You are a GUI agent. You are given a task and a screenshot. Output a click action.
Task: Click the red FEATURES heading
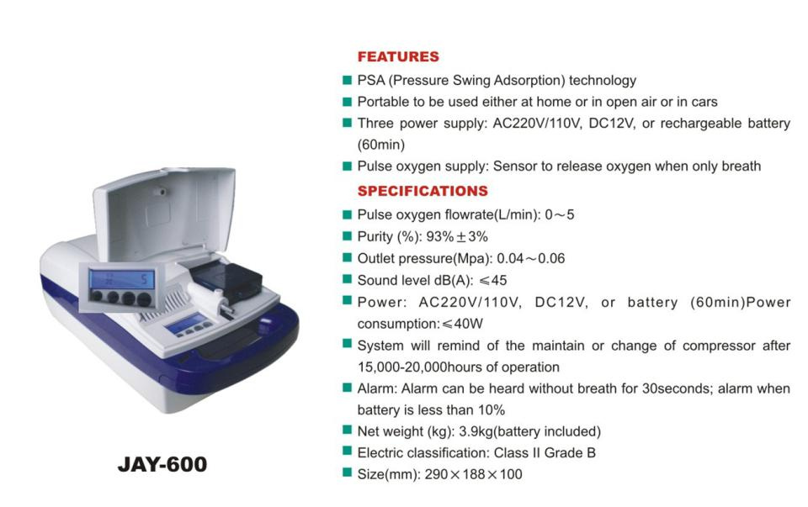coord(398,56)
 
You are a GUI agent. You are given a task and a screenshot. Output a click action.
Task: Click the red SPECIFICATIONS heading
coord(423,191)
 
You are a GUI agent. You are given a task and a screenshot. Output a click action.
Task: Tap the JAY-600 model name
coord(162,464)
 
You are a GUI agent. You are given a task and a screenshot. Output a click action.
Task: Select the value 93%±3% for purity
coord(457,237)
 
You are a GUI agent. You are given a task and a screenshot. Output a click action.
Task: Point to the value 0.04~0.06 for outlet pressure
coord(531,258)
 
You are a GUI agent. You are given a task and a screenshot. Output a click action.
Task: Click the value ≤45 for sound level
coord(492,281)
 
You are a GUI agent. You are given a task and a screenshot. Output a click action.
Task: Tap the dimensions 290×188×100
coord(473,474)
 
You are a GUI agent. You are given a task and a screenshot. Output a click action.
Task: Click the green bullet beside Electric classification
coord(348,452)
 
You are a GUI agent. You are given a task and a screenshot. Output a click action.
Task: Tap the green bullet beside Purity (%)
coord(348,235)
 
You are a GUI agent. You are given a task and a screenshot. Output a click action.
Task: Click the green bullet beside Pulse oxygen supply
coord(348,166)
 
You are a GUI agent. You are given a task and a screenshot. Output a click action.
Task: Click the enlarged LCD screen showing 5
coord(121,279)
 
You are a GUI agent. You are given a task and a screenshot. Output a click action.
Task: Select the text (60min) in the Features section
coord(380,145)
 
